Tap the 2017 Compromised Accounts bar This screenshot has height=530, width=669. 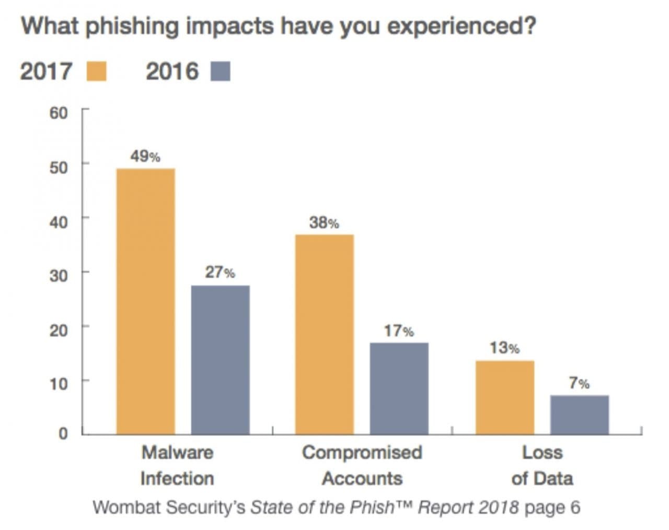click(324, 334)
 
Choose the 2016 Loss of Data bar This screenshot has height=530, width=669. click(579, 415)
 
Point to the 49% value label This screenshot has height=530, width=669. click(145, 156)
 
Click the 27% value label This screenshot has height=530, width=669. click(220, 272)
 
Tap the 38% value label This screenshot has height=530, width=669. click(324, 222)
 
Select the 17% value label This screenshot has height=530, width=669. click(399, 331)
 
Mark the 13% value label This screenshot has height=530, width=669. click(504, 348)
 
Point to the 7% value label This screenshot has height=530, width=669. click(579, 383)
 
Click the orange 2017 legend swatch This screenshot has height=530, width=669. click(96, 72)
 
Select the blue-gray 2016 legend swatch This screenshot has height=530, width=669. click(220, 72)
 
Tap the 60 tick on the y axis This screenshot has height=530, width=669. click(59, 113)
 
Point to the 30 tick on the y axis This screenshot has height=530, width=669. click(59, 275)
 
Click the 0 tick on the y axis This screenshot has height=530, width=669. click(63, 433)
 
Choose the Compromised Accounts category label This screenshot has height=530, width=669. click(362, 465)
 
